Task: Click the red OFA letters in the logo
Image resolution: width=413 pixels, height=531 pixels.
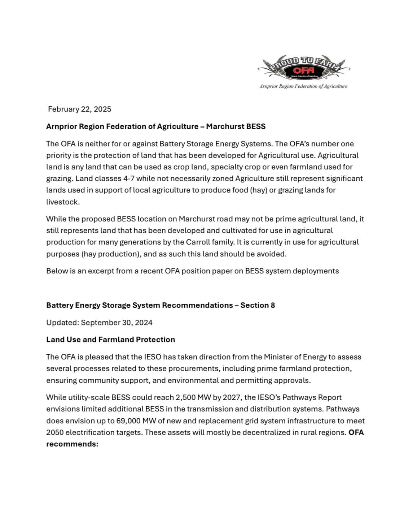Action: coord(304,70)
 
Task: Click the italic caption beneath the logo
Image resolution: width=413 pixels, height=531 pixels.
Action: coord(303,86)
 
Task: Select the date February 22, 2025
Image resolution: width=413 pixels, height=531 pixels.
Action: coord(80,109)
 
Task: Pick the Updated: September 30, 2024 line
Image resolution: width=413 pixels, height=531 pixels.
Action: coord(99,323)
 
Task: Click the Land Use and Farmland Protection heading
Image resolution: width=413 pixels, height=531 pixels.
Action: coord(110,340)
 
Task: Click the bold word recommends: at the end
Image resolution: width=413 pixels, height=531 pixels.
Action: coord(72,444)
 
